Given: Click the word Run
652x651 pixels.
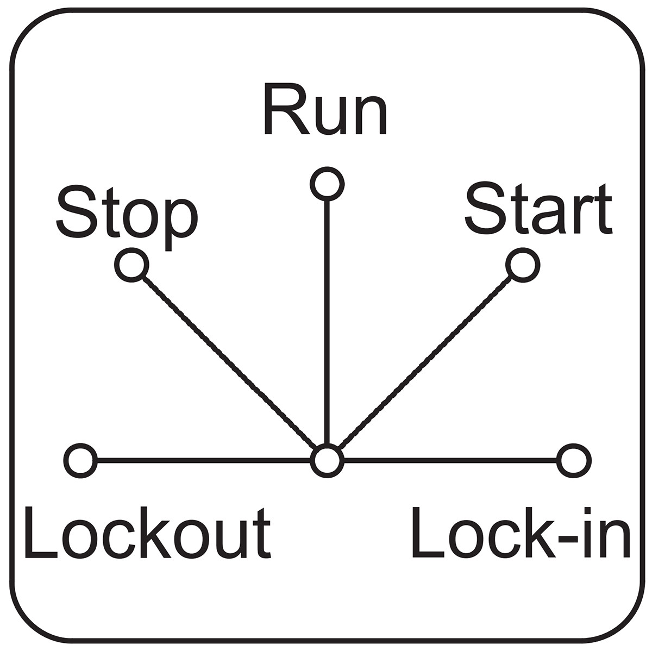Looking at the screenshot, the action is click(325, 109).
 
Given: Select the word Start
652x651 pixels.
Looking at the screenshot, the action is click(538, 209).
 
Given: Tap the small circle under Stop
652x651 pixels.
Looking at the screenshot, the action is click(131, 265).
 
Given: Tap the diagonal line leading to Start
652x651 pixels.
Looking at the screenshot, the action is click(425, 362).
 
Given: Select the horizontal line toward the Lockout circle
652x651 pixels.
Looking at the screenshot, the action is click(204, 460).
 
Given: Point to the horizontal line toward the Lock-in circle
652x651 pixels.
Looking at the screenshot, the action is click(450, 460).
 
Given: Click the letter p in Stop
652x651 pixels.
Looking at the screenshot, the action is click(181, 225).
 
